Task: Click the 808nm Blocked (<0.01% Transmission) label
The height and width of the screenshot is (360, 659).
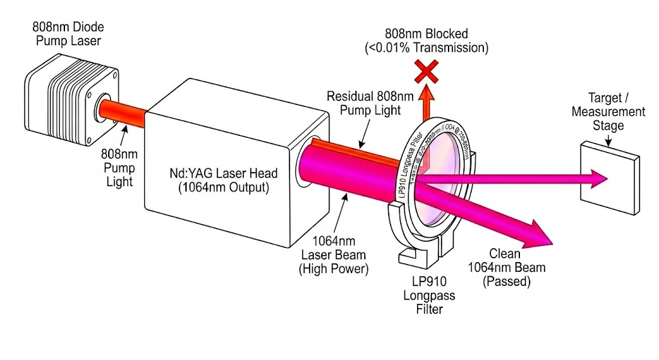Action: [426, 40]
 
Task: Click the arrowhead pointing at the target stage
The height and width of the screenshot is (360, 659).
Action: [598, 177]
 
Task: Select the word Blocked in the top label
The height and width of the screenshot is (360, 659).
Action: [442, 33]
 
